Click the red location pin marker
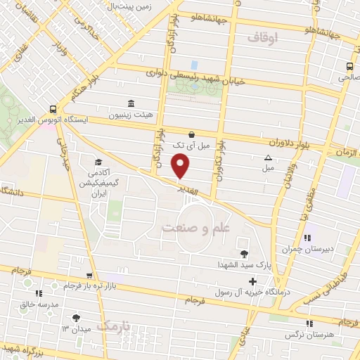(181, 166)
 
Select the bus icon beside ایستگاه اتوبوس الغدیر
(54, 109)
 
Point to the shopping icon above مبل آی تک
(192, 134)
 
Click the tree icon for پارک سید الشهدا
(243, 254)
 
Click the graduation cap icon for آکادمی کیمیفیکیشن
(98, 161)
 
